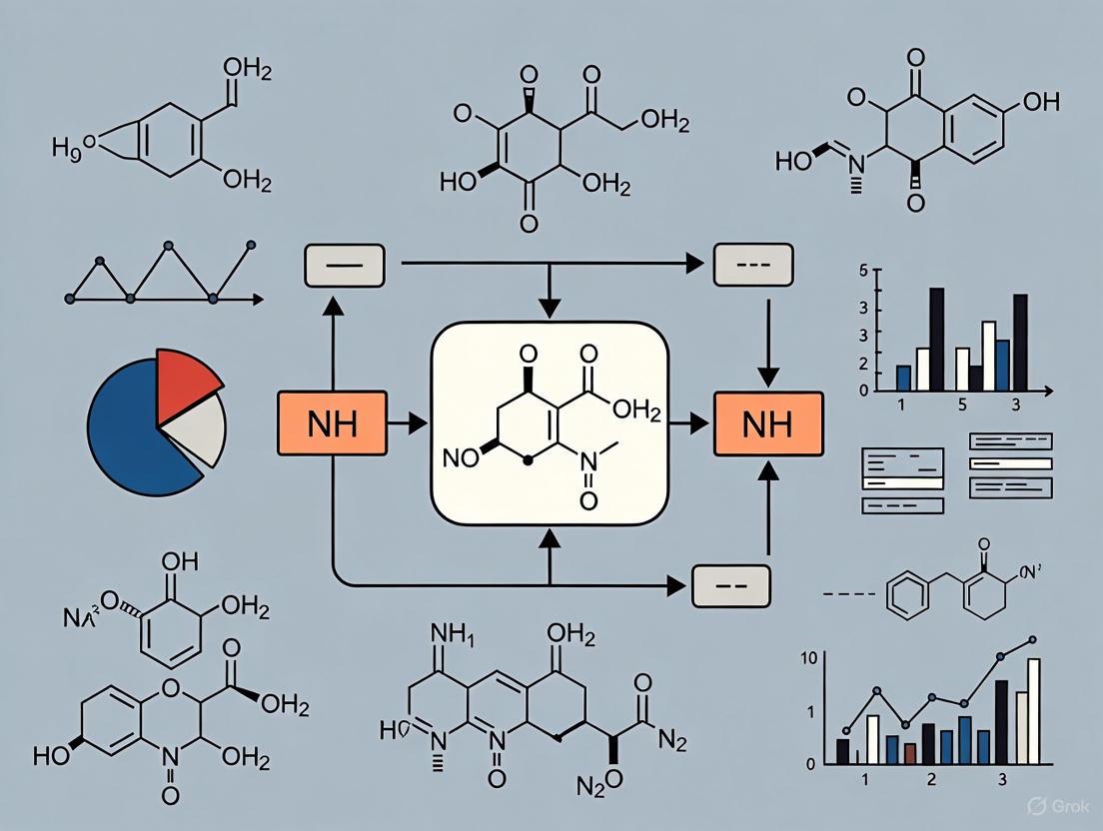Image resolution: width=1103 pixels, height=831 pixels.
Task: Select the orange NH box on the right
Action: (x=767, y=424)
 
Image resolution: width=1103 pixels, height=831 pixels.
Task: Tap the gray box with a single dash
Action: (x=343, y=266)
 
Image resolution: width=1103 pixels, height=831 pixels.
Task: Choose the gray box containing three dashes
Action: (x=752, y=264)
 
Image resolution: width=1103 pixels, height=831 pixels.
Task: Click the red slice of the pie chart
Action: (x=186, y=374)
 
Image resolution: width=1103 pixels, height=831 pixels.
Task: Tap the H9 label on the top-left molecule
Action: (x=67, y=147)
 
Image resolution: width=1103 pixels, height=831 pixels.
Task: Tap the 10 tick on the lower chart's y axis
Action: (x=810, y=657)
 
